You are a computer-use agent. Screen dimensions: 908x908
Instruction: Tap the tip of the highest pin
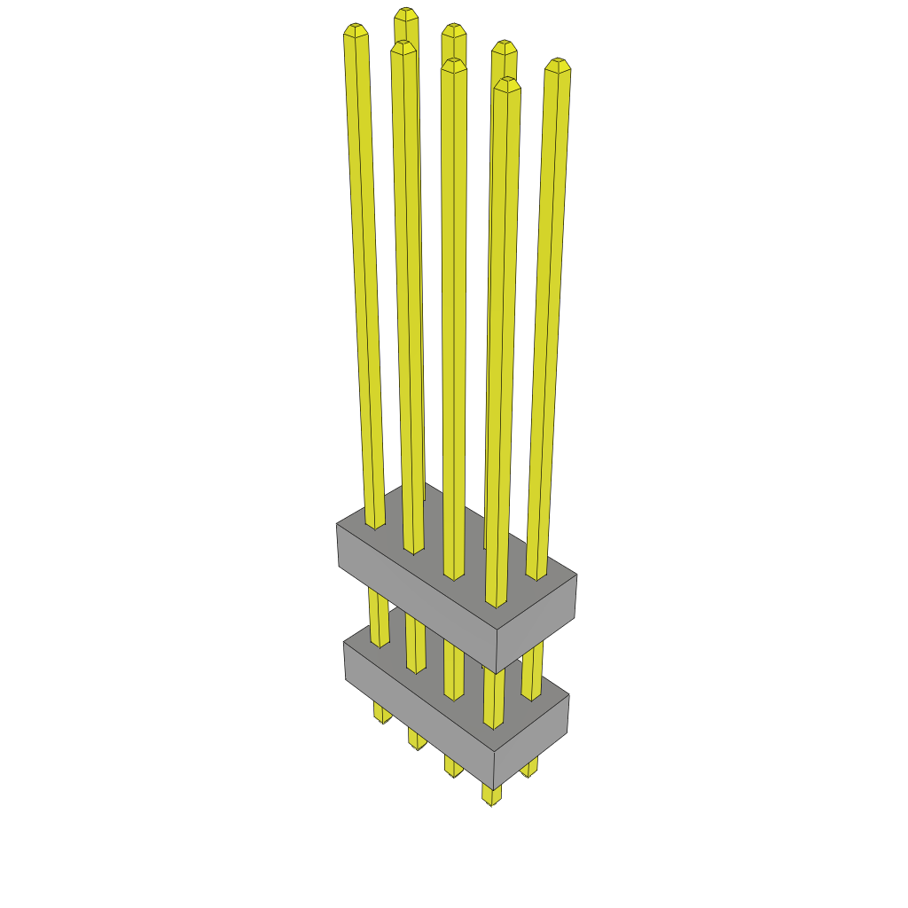pyautogui.click(x=406, y=14)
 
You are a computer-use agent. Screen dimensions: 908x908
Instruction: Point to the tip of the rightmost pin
pyautogui.click(x=557, y=66)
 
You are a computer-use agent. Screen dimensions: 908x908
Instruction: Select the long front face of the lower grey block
pyautogui.click(x=417, y=701)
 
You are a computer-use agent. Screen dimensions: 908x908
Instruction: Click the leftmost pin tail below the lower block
pyautogui.click(x=382, y=713)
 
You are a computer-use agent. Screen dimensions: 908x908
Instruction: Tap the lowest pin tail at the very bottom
pyautogui.click(x=492, y=794)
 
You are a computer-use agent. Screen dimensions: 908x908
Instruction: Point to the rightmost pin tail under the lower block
pyautogui.click(x=529, y=767)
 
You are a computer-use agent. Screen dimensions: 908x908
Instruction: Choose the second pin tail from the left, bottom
pyautogui.click(x=417, y=740)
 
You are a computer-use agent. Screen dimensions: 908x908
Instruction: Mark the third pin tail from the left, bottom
pyautogui.click(x=453, y=768)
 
